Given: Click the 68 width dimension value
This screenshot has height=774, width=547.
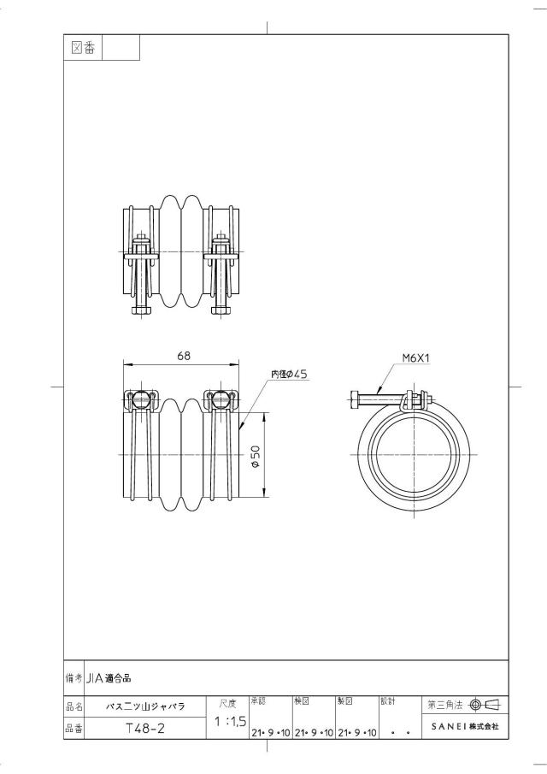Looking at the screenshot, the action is (x=184, y=356).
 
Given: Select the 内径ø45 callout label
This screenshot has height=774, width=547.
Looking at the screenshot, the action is (x=289, y=374).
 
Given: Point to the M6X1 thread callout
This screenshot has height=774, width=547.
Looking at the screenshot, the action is (x=416, y=357).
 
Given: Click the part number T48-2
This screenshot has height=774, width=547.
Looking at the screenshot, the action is (x=145, y=729).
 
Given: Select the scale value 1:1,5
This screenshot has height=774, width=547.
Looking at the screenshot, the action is (x=231, y=722).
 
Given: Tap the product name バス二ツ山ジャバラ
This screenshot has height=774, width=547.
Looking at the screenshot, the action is (x=145, y=706).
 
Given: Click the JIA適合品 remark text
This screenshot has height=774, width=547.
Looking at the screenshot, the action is (x=109, y=679).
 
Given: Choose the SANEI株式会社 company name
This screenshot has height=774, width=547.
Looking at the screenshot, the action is (x=465, y=727).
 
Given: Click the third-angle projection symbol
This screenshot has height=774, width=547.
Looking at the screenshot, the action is (x=485, y=705).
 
